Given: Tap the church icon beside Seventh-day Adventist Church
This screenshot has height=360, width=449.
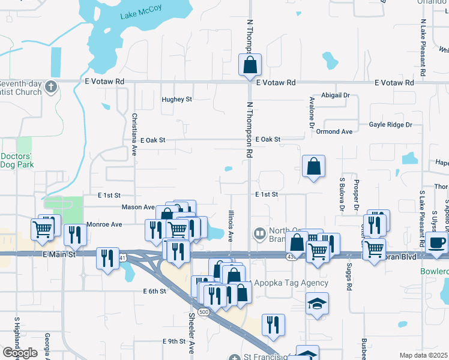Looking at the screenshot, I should (50, 86).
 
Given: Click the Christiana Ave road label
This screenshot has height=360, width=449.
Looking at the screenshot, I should (135, 136).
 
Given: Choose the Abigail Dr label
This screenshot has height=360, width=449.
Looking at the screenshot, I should (336, 95).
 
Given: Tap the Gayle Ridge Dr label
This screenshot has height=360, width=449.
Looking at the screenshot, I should (391, 125).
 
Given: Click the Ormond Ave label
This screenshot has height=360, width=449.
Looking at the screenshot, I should (335, 131).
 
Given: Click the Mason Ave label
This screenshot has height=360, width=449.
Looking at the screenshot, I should (138, 207).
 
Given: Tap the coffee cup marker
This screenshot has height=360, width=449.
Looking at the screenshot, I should (438, 243).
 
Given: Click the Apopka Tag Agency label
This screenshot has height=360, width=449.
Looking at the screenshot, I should (292, 283).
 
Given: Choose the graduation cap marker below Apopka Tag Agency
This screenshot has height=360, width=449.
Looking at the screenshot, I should (317, 304).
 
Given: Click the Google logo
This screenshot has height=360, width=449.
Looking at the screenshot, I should (20, 353).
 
